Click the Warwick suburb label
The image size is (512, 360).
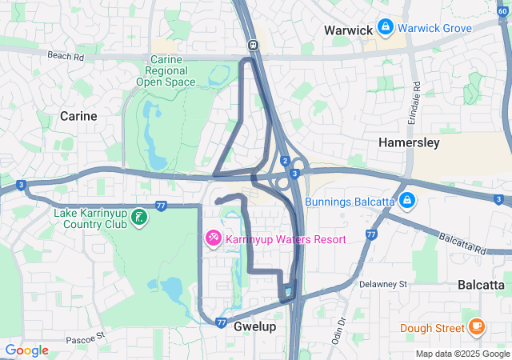[348, 30]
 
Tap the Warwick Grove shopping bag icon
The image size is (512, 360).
[386, 27]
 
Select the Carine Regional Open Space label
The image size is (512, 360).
[166, 71]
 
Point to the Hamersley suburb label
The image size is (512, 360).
[409, 142]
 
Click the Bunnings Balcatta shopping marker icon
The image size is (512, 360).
[407, 199]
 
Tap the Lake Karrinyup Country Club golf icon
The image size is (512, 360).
[138, 217]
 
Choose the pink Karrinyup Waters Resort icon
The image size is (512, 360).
[214, 238]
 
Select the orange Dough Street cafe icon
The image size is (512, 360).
[477, 326]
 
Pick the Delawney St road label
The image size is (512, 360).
[383, 284]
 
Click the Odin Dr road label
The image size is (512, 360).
[340, 327]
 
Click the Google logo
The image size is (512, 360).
[26, 350]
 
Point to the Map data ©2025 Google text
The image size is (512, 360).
[462, 354]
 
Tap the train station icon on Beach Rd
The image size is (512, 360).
[252, 45]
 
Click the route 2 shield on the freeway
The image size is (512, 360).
[285, 161]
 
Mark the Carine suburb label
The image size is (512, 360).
[78, 116]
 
